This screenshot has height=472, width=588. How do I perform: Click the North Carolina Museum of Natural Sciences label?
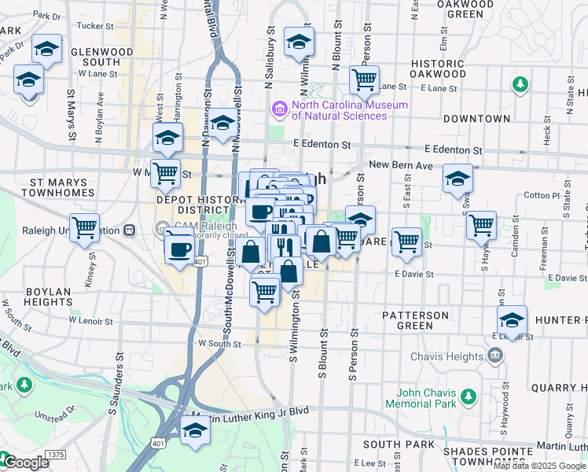[339, 110]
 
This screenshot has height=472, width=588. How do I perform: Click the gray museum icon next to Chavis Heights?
[495, 356]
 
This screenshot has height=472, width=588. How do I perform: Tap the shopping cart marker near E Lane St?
[363, 79]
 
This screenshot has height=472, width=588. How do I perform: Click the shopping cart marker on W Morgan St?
[165, 172]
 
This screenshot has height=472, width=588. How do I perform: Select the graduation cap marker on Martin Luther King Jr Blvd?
[194, 430]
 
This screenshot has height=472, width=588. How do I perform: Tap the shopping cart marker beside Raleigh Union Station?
[84, 228]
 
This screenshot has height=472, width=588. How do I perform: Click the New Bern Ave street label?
[401, 165]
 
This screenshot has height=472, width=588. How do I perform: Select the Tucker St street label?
[97, 25]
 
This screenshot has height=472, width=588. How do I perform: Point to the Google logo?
[25, 463]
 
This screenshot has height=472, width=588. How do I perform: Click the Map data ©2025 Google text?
[539, 466]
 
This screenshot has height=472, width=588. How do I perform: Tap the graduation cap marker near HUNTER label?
[511, 320]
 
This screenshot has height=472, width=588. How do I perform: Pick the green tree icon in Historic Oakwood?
[519, 83]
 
